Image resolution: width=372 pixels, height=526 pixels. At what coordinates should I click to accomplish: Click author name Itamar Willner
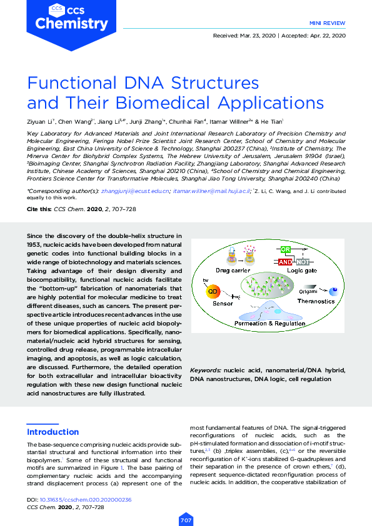click(231, 122)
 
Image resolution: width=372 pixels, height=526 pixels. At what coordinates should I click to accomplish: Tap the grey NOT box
click(303, 262)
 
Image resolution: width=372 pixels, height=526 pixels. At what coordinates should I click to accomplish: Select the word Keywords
click(205, 370)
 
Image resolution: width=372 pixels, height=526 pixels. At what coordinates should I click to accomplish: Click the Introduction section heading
click(53, 432)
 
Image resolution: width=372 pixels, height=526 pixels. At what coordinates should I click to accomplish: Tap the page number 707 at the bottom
click(186, 519)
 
